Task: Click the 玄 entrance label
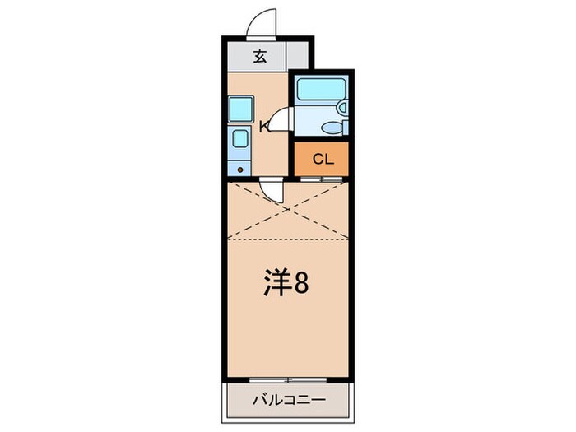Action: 260,57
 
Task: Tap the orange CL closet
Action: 322,159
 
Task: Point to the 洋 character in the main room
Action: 277,283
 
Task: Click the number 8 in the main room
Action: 301,284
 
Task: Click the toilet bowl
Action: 332,127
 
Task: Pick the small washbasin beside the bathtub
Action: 342,107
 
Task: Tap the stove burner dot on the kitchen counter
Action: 240,169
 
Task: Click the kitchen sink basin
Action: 240,137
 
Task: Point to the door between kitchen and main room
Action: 272,191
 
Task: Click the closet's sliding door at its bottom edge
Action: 322,178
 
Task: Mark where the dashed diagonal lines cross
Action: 287,211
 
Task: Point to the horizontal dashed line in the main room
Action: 287,239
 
